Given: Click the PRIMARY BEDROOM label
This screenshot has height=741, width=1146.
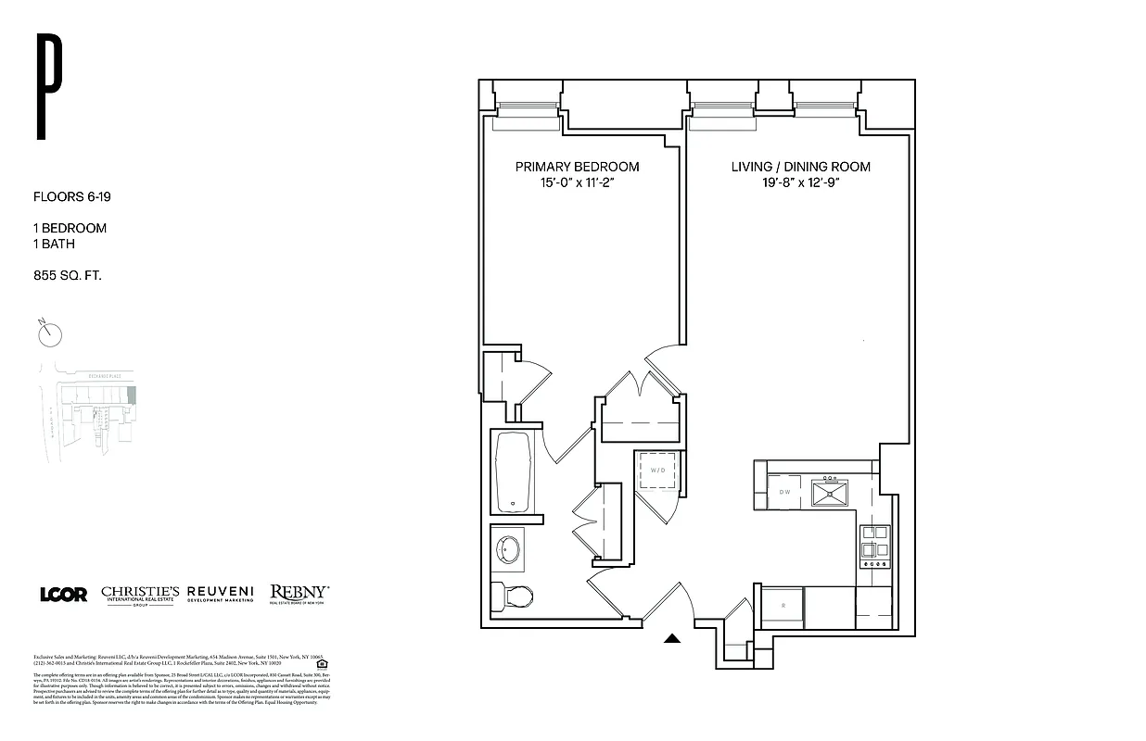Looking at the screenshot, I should pyautogui.click(x=577, y=167).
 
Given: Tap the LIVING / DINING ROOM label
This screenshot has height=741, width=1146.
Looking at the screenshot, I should pyautogui.click(x=800, y=167).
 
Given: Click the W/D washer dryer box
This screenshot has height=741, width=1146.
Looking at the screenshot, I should pyautogui.click(x=658, y=471).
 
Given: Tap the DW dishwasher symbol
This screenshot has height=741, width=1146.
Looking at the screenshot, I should pyautogui.click(x=784, y=492).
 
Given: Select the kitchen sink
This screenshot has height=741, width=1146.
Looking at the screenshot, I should pyautogui.click(x=830, y=491).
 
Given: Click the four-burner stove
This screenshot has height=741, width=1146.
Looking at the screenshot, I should pyautogui.click(x=874, y=546).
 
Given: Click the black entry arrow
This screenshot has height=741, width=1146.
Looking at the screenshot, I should pyautogui.click(x=673, y=637).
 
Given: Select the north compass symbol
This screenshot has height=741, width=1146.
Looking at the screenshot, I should pyautogui.click(x=48, y=333).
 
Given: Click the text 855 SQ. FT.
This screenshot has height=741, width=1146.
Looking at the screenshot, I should pyautogui.click(x=67, y=275).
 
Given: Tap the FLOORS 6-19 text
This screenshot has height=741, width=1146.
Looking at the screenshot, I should pyautogui.click(x=72, y=196).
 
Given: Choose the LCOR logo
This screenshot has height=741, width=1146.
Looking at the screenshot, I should pyautogui.click(x=63, y=595).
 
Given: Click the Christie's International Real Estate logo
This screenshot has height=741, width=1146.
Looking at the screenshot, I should pyautogui.click(x=141, y=594).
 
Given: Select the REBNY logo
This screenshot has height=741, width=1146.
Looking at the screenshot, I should pyautogui.click(x=299, y=593).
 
